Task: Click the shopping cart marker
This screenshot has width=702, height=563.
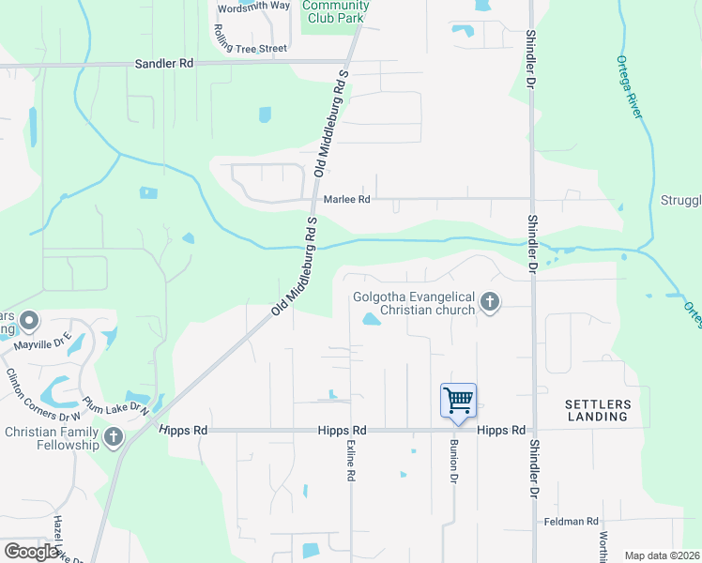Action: [x=458, y=401]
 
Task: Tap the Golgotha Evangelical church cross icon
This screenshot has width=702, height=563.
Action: [x=489, y=302]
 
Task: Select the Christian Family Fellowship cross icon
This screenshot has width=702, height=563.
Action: [x=114, y=436]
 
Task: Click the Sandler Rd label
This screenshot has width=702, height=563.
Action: [x=164, y=64]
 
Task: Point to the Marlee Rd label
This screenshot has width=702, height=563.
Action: [x=347, y=199]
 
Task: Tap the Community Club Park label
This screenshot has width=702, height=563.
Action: [x=336, y=11]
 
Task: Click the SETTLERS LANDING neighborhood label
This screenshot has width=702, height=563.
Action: [x=597, y=410]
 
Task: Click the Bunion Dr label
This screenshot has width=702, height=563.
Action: [x=453, y=460]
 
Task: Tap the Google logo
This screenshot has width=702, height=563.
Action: [x=31, y=552]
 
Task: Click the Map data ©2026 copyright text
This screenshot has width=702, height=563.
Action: [x=663, y=555]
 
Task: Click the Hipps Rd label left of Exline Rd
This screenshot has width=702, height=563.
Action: [x=183, y=430]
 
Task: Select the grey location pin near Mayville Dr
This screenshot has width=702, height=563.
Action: [x=29, y=322]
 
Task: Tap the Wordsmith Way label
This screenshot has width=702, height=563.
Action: [x=253, y=6]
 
